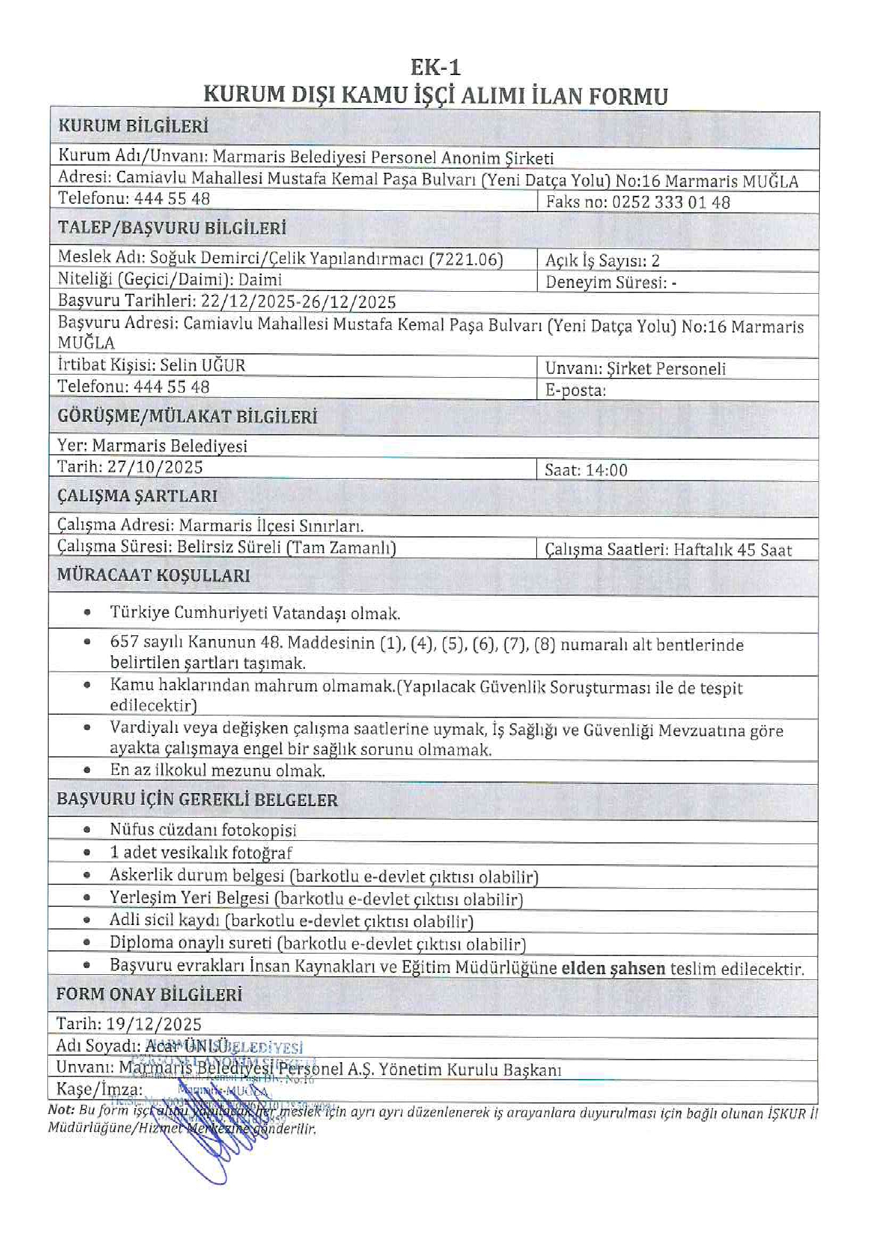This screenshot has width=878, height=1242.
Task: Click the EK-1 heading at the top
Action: (435, 67)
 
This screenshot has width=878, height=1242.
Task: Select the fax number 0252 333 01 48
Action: (671, 202)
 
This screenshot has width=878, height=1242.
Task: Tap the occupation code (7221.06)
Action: (466, 259)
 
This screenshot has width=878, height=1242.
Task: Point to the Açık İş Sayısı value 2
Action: (655, 261)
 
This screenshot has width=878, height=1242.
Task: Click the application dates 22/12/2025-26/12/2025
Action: (298, 301)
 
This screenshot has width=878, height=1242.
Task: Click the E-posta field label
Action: (575, 390)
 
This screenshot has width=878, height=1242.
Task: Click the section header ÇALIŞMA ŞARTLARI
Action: (137, 496)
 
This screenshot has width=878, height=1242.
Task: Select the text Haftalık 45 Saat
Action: (732, 550)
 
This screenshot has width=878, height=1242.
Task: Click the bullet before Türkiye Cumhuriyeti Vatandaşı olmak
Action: (87, 612)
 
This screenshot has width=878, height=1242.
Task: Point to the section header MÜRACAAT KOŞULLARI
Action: (153, 575)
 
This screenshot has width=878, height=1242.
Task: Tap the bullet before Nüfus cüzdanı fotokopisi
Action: (87, 829)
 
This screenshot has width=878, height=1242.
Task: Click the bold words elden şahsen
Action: (613, 968)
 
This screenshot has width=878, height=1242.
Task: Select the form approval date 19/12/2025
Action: (154, 1024)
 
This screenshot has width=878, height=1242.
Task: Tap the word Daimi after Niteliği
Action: (260, 279)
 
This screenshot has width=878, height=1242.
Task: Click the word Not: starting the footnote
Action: (61, 1109)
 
